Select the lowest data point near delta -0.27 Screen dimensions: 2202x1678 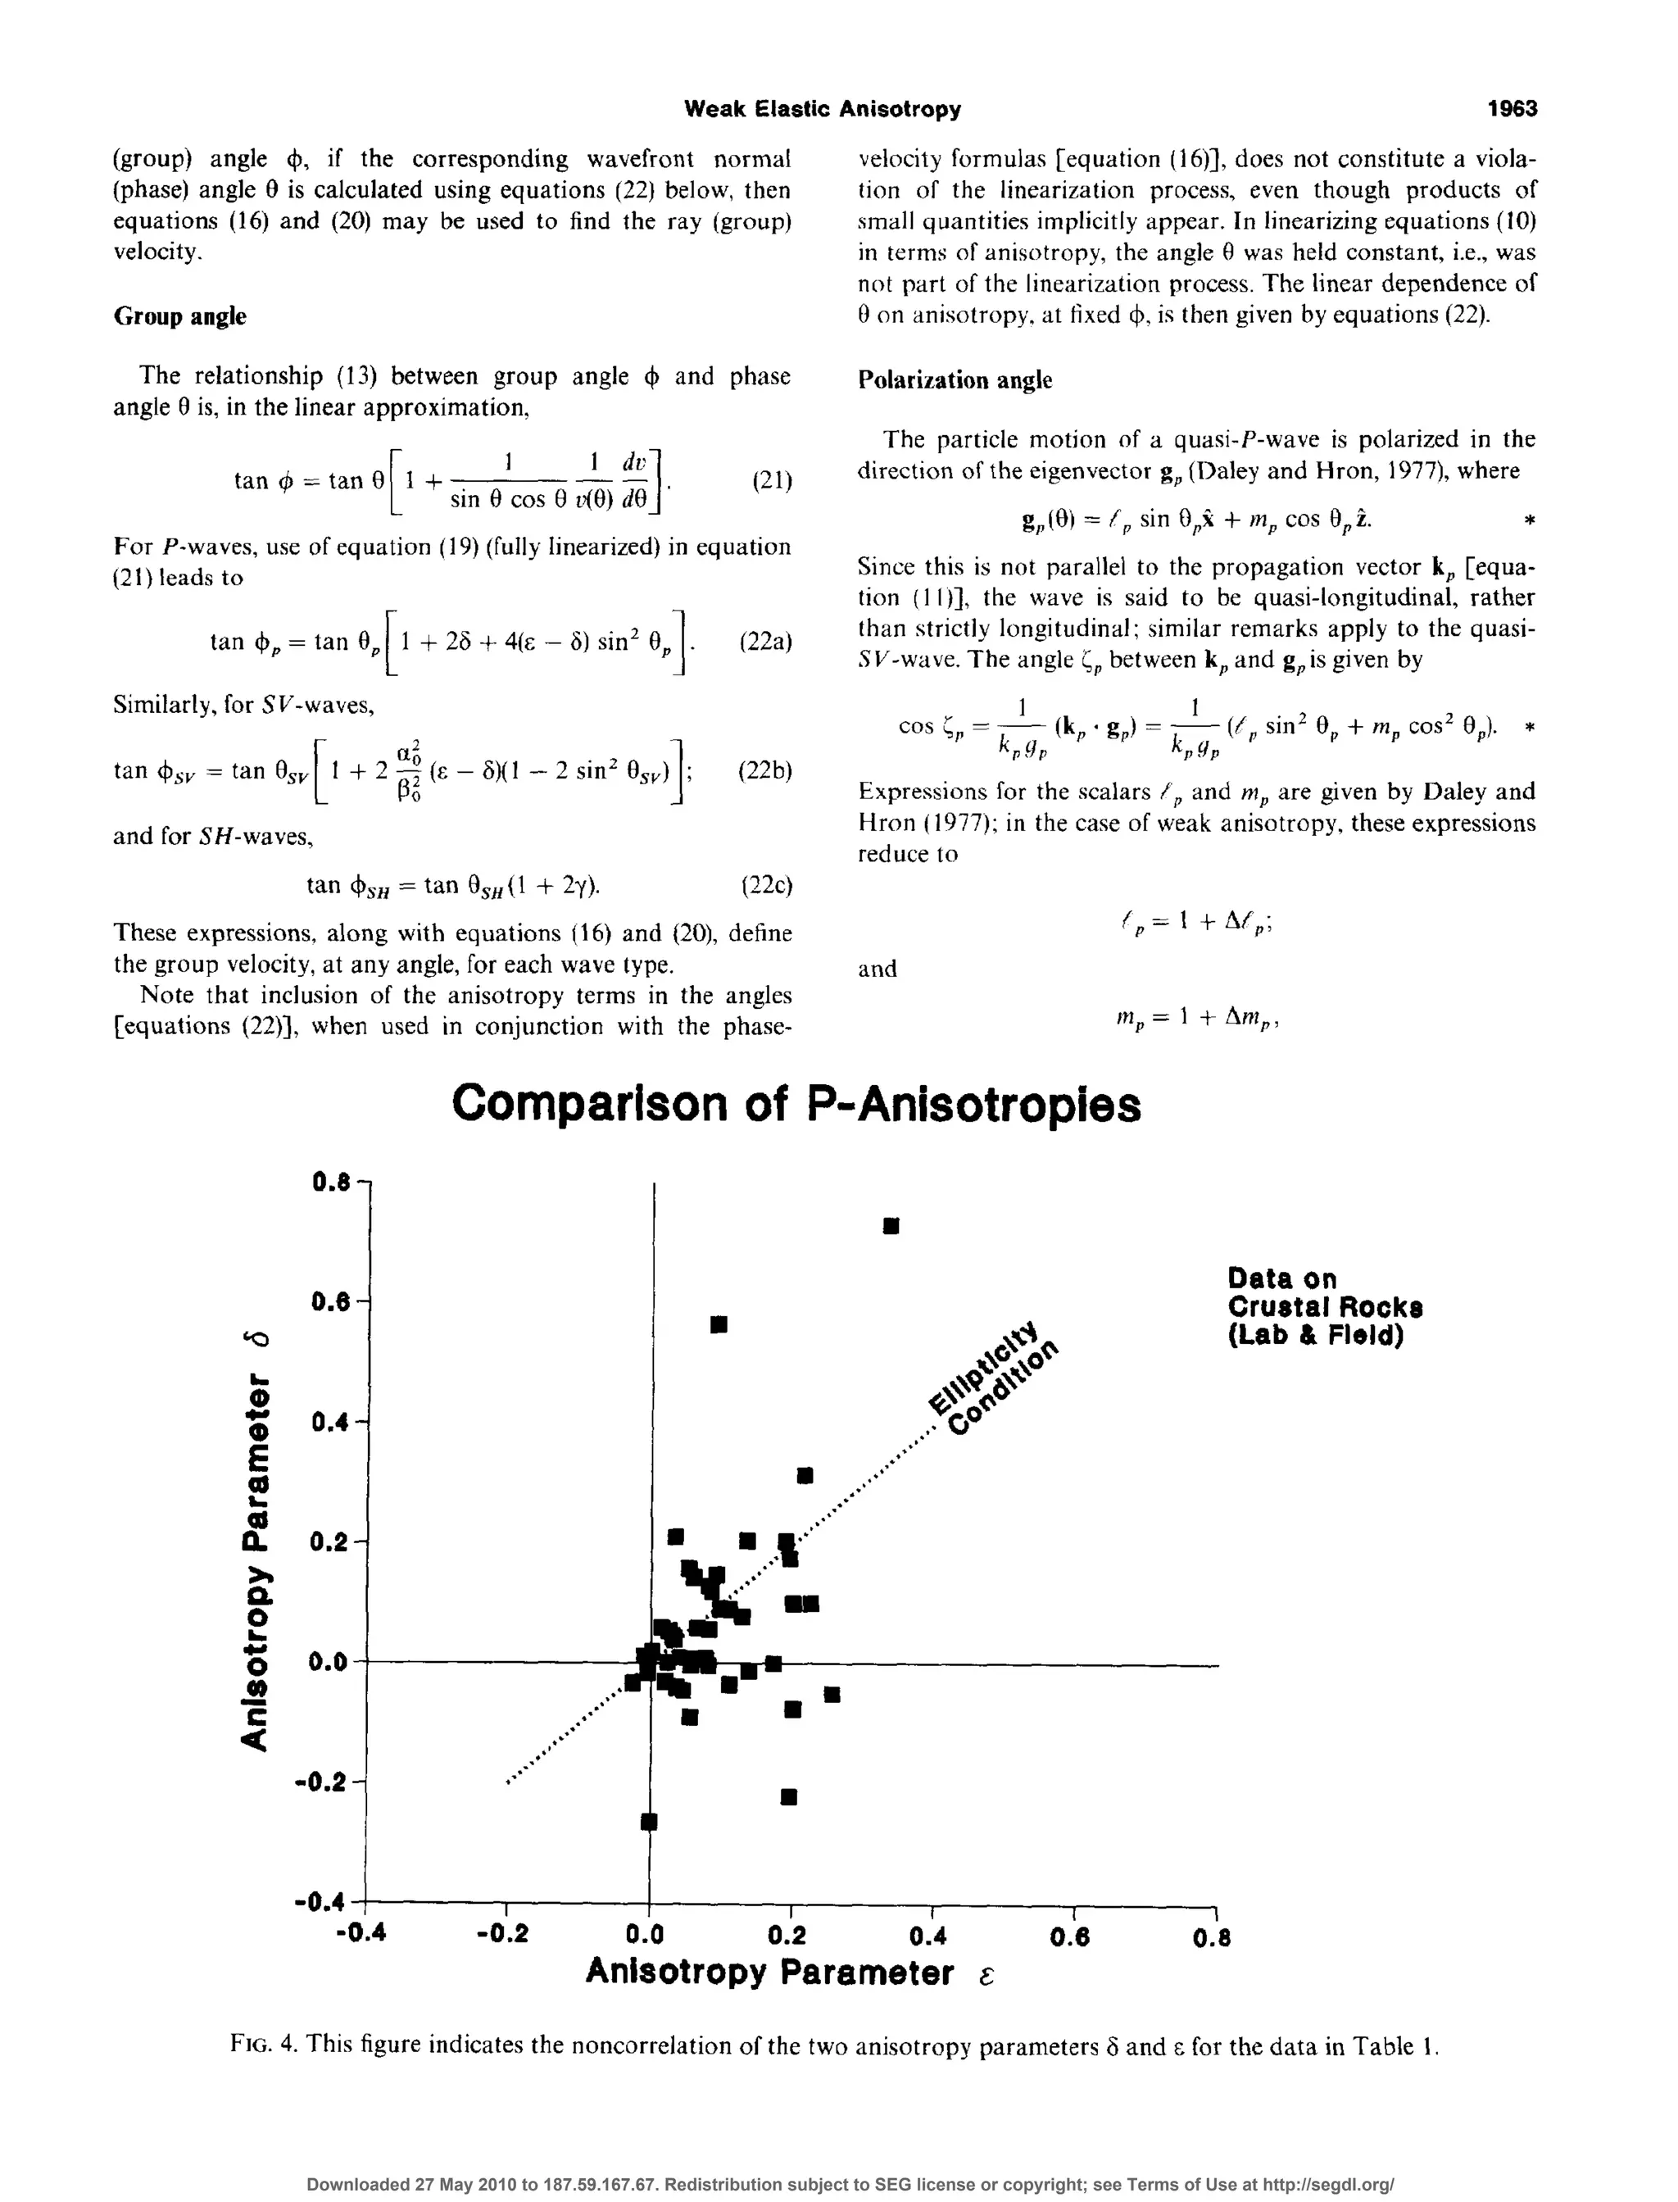[x=648, y=1822]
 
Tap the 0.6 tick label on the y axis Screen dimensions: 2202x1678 [x=332, y=1303]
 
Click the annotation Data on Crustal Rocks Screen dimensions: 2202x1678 [x=1324, y=1307]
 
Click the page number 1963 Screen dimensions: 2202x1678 [x=1511, y=109]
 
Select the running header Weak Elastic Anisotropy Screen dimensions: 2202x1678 [x=822, y=109]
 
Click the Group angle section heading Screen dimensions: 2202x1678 [x=179, y=316]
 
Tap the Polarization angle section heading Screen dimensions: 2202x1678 [x=955, y=380]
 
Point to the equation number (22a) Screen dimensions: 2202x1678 [x=765, y=642]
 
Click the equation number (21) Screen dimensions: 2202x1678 [x=771, y=482]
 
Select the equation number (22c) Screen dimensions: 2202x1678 [x=766, y=885]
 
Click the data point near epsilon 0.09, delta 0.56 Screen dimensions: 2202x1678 [x=718, y=1325]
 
